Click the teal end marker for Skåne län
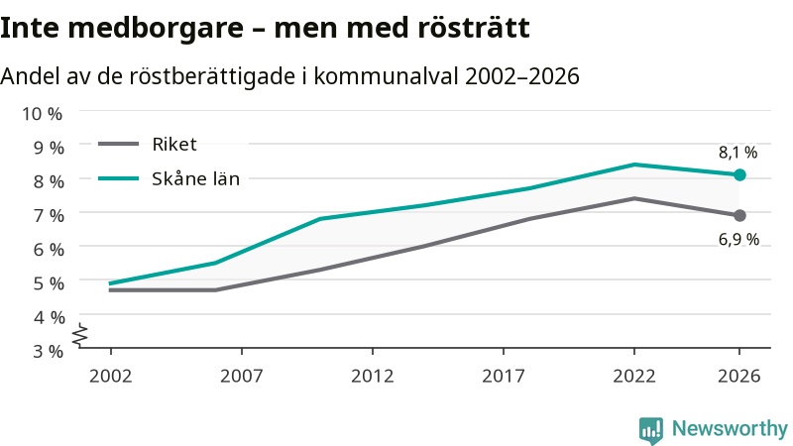(x=739, y=175)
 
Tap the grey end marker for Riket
(x=739, y=215)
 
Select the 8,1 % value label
(x=737, y=153)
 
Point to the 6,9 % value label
(x=738, y=239)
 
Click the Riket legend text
(x=174, y=145)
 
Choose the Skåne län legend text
(x=195, y=178)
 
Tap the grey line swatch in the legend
(x=118, y=144)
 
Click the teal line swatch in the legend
(x=118, y=178)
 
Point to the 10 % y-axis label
(x=42, y=114)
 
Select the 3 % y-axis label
(x=49, y=351)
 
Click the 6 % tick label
(x=49, y=250)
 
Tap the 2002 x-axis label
(x=110, y=377)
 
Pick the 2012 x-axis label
(x=373, y=377)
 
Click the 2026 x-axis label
(x=738, y=377)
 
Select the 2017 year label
(x=504, y=377)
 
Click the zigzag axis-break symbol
(x=80, y=335)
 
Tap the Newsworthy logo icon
(x=651, y=430)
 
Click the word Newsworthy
(x=730, y=429)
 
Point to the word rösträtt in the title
(x=474, y=28)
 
